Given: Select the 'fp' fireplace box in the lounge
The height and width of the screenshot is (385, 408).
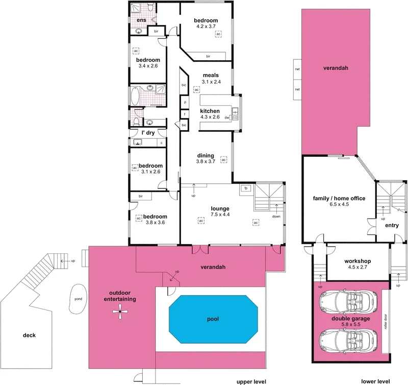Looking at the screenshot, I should point(246,188).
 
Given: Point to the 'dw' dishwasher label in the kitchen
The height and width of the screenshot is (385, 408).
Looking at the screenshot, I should point(227,117).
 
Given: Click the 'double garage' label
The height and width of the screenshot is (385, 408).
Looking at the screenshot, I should point(356,318).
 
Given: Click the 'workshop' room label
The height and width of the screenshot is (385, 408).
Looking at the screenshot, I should point(356,261).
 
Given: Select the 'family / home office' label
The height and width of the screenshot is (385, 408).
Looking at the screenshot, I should point(339,198).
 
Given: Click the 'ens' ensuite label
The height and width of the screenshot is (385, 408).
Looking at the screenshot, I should point(141,20).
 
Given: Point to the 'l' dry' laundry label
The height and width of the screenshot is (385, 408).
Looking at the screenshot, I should point(148,133).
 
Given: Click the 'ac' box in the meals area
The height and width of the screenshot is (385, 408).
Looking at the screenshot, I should point(196,89).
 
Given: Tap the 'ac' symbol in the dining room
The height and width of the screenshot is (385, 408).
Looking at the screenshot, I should point(223,160).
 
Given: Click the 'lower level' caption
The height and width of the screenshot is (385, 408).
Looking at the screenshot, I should point(376,381).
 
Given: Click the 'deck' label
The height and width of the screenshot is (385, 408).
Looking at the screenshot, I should point(29,335).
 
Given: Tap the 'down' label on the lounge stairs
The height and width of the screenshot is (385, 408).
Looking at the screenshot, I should point(276,215).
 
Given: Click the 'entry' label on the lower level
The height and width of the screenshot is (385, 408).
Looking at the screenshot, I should point(392,225).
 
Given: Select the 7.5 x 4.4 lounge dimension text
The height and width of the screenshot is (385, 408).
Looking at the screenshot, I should point(220,215).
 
